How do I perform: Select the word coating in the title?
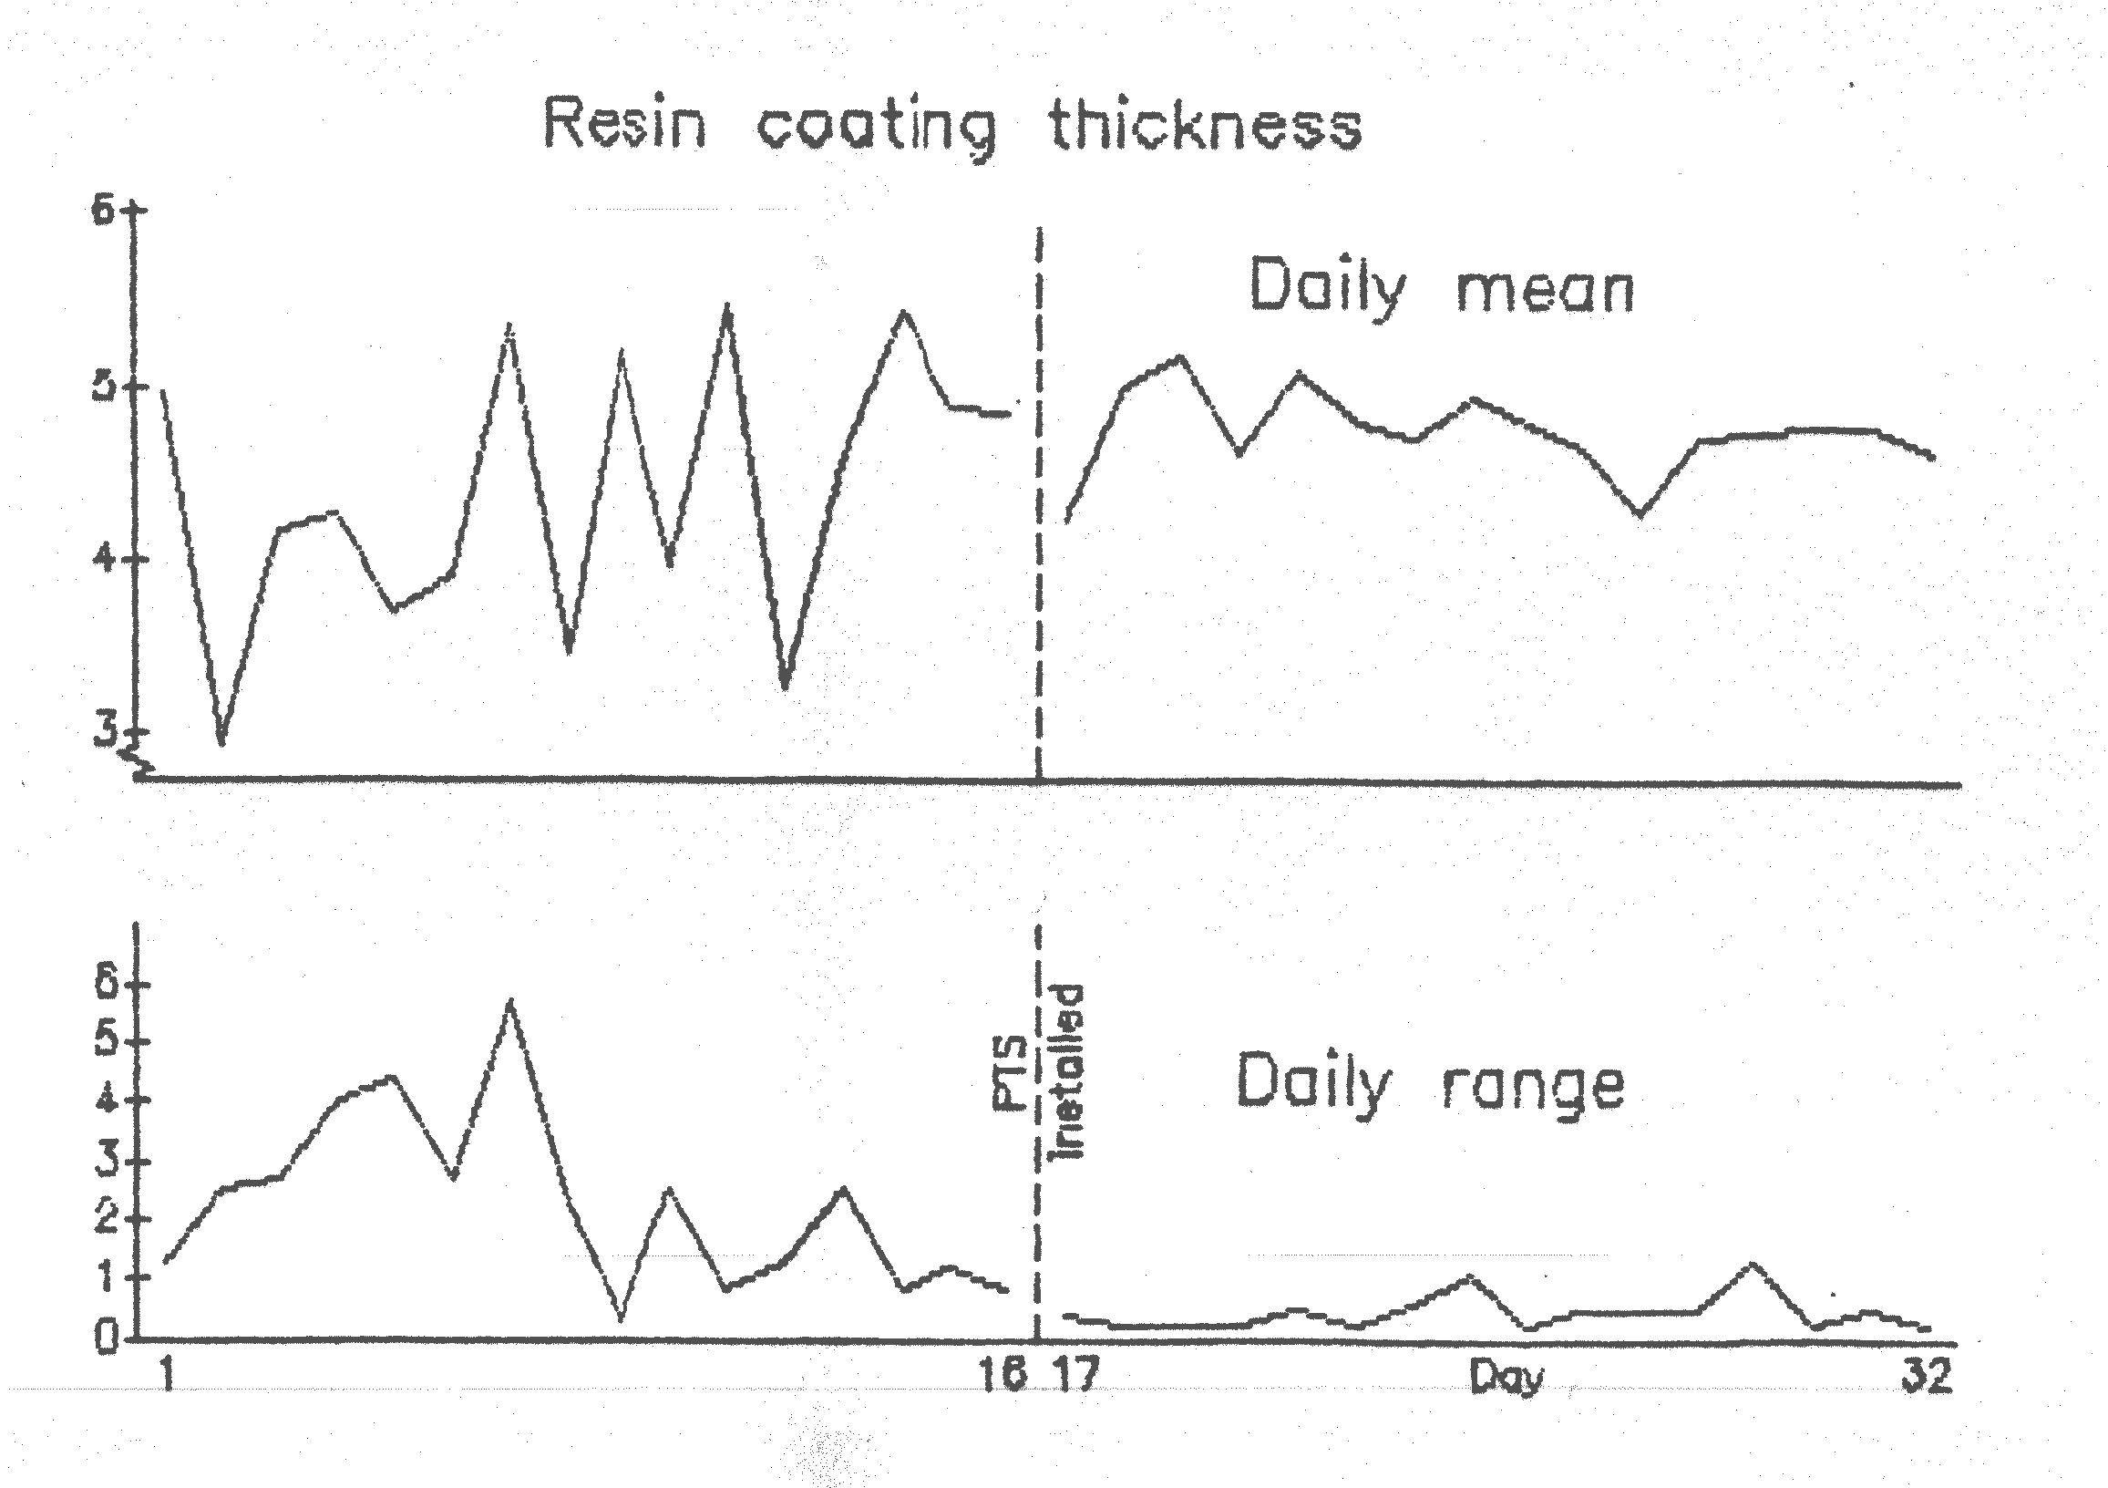[877, 129]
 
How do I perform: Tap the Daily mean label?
[1442, 287]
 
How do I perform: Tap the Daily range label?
[1430, 1085]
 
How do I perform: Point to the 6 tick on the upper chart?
[103, 212]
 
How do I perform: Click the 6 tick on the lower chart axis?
[106, 985]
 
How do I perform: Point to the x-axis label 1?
[167, 1376]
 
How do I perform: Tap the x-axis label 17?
[1074, 1376]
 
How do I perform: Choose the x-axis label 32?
[1927, 1376]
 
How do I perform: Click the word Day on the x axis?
[1506, 1377]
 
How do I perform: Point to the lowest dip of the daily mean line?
[221, 742]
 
